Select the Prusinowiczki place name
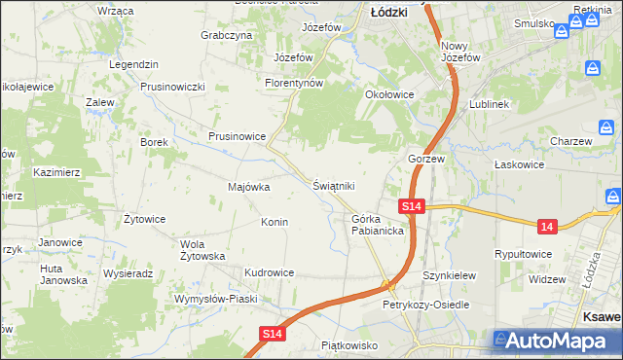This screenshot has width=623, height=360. tap(172, 87)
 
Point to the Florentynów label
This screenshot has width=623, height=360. tap(293, 84)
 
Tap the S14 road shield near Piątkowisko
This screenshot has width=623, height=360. tap(274, 334)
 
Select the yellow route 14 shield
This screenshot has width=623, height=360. tap(547, 227)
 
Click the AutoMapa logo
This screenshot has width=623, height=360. tap(554, 342)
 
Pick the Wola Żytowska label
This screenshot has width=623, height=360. tap(203, 250)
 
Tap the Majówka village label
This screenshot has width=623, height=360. tap(248, 187)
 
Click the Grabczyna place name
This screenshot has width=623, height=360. tap(227, 35)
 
